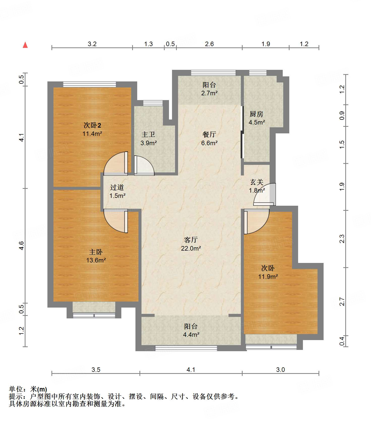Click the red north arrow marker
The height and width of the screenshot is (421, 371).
[x=25, y=45]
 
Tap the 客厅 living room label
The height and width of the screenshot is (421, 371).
[x=191, y=240]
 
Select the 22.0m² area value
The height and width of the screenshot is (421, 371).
[x=191, y=248]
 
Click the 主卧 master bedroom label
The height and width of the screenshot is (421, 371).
[x=96, y=252]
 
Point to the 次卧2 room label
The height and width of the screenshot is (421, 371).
[x=92, y=125]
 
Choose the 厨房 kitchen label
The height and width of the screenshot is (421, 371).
[x=256, y=114]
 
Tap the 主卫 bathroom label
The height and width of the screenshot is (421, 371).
[x=148, y=134]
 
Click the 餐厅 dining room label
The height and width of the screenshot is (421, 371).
[x=209, y=134]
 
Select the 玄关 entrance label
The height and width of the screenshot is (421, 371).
[x=257, y=182]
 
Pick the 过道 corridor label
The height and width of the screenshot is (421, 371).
[x=117, y=187]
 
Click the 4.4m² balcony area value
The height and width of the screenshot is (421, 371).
[x=191, y=335]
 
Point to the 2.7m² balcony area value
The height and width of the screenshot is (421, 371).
[x=209, y=93]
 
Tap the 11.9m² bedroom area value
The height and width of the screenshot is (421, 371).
[x=268, y=277]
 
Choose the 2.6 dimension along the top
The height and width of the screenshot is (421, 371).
[x=209, y=44]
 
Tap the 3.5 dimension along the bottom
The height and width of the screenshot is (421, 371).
[x=96, y=370]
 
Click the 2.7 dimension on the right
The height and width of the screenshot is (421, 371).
[x=342, y=302]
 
